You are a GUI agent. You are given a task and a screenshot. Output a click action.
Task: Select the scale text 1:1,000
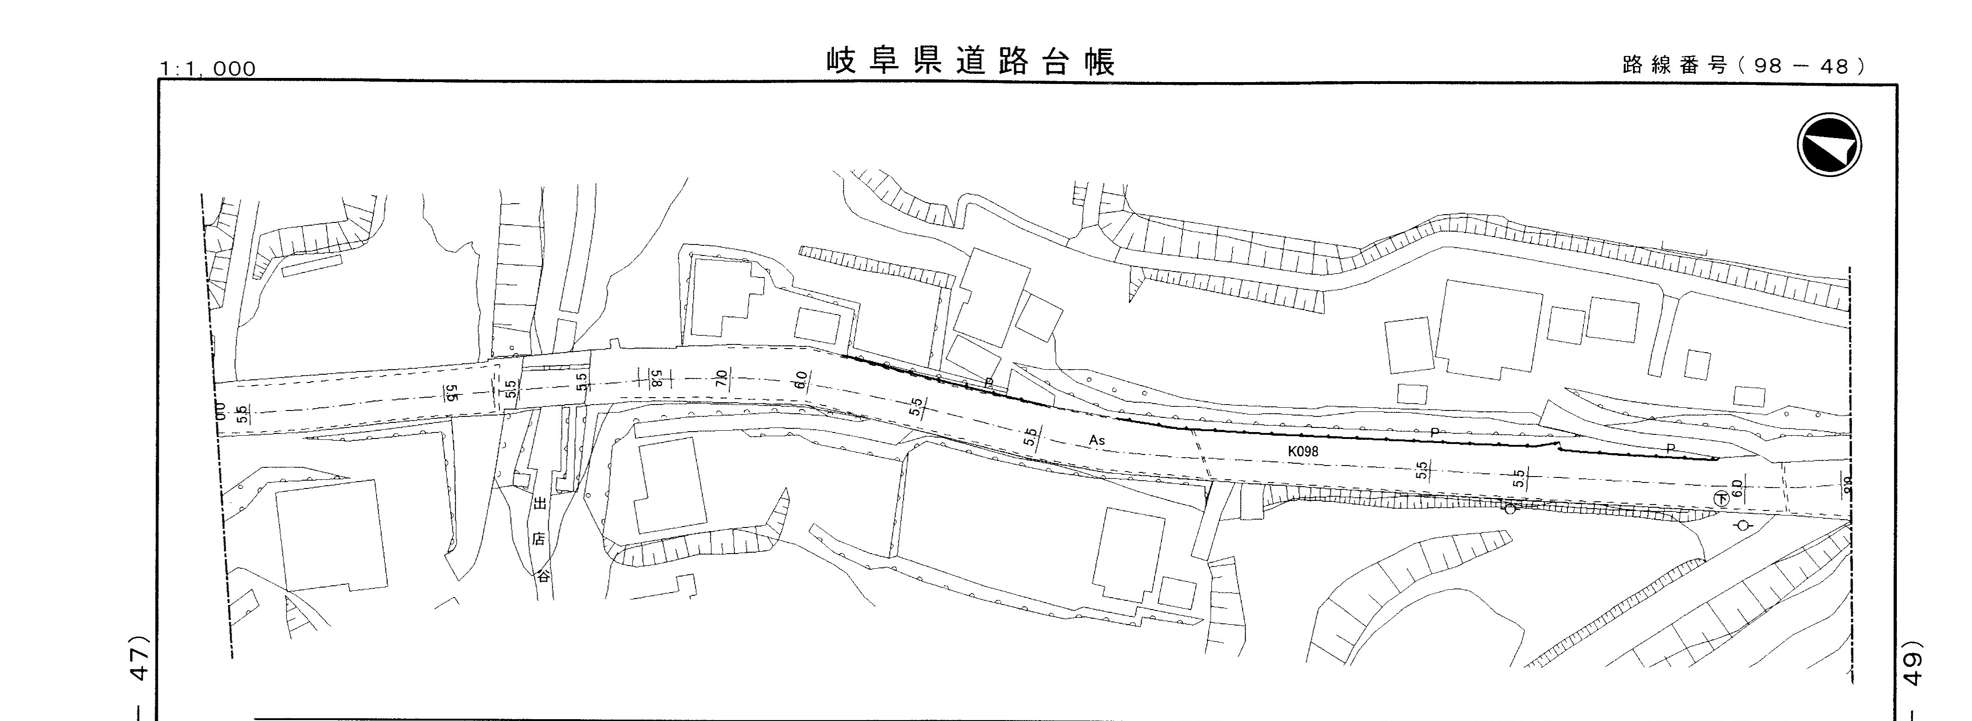coord(207,69)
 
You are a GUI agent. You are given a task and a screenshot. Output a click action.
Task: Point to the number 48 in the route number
coord(1834,66)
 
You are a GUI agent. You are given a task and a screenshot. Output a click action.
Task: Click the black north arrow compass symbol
coord(1829,144)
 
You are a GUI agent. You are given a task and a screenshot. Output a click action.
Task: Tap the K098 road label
coord(1303,452)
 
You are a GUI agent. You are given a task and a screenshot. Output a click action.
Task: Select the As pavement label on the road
coord(1097,440)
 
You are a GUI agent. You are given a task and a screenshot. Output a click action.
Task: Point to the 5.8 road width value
coord(656,377)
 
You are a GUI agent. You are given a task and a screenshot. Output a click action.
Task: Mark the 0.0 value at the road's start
coord(221,411)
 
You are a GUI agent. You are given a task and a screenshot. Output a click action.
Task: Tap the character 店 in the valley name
coord(540,539)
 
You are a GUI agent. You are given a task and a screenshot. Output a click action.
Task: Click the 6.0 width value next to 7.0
coord(801,380)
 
